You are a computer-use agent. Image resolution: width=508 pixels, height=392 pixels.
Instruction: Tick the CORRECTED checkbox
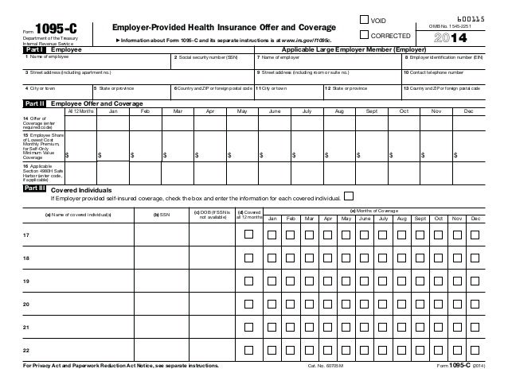tap(365, 35)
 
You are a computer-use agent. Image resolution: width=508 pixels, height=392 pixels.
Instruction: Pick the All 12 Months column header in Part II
tap(80, 112)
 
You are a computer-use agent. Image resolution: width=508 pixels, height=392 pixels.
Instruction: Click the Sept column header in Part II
tap(371, 112)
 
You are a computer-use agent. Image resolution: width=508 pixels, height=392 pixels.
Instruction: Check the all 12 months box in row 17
tap(248, 235)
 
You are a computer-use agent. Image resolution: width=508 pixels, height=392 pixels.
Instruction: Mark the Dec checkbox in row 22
tap(475, 350)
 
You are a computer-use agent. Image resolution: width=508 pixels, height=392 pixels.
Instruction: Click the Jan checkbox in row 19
tap(272, 281)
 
